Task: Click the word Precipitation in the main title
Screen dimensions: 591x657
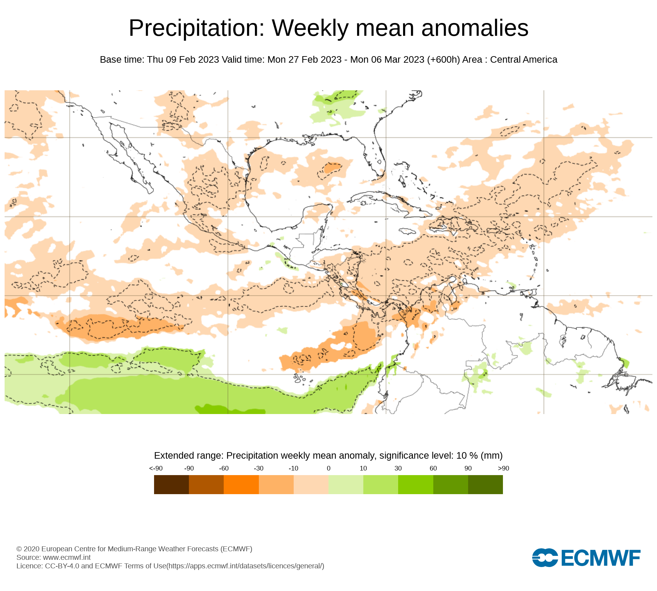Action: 196,28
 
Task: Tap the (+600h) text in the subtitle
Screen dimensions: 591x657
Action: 443,60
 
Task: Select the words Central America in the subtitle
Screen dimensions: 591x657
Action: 524,60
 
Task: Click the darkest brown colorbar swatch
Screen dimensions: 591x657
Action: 171,485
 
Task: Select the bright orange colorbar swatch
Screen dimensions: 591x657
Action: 241,485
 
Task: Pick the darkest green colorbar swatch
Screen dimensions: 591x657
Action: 485,485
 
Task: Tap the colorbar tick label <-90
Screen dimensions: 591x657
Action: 156,468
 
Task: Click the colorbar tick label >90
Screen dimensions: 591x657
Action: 503,468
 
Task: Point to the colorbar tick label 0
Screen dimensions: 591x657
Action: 328,468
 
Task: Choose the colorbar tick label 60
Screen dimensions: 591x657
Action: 433,468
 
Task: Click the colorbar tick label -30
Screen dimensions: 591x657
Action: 259,468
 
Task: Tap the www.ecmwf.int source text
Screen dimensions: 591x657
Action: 67,558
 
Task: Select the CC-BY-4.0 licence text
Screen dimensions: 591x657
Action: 62,566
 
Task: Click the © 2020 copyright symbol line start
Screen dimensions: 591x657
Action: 19,549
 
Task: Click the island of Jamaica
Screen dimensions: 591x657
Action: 408,231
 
